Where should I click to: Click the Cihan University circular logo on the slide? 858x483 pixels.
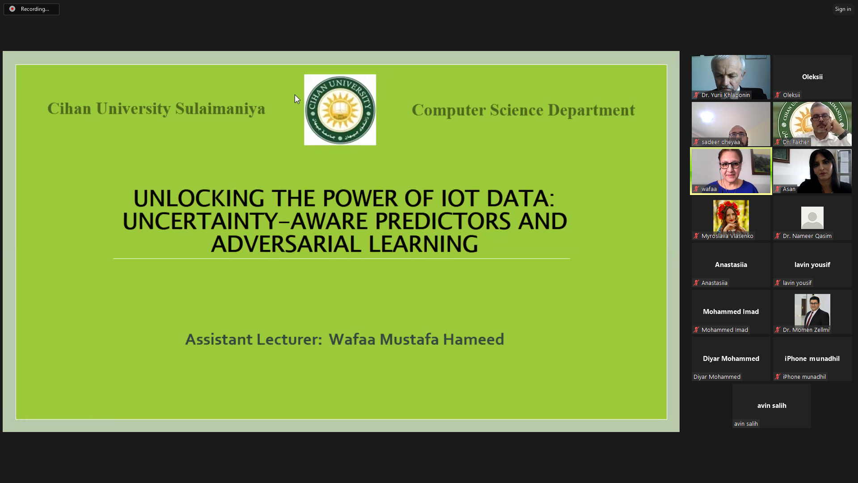[340, 110]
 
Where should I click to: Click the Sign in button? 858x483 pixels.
[843, 9]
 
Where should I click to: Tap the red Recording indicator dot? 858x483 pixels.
[12, 9]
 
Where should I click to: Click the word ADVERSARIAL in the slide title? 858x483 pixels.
[286, 244]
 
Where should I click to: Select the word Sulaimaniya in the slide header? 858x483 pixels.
[220, 109]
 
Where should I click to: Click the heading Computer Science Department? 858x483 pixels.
[523, 110]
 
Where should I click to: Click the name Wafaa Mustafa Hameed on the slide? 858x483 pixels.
[416, 339]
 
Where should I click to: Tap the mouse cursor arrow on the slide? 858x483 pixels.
[297, 99]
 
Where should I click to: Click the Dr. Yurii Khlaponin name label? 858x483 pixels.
[725, 95]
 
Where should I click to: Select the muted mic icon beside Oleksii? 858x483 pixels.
[778, 95]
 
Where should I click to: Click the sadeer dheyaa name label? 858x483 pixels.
[720, 142]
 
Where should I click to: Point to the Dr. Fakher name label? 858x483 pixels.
[796, 142]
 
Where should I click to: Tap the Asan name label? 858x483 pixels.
[789, 189]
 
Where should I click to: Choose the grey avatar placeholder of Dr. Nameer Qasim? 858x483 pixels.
[812, 218]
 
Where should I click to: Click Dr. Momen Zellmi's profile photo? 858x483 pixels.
[812, 309]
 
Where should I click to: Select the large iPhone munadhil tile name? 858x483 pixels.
[812, 358]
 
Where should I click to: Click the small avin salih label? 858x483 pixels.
[746, 424]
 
